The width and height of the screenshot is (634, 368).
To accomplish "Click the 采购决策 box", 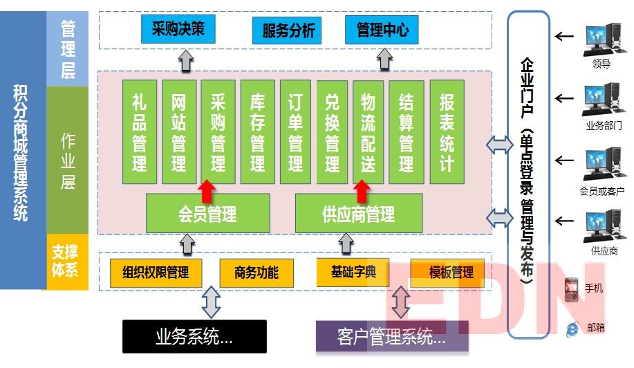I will click(178, 30).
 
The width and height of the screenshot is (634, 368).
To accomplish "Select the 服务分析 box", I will click(288, 30).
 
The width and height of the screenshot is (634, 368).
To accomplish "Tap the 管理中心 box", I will click(382, 30).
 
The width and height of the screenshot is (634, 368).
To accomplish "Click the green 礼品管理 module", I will click(140, 132).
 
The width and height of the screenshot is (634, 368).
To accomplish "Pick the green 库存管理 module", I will click(258, 132).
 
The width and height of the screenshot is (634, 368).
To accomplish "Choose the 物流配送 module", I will click(368, 132).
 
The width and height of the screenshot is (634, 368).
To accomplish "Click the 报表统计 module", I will click(447, 132).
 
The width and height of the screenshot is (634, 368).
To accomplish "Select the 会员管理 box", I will click(207, 213).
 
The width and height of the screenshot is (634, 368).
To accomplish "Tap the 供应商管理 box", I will click(358, 213).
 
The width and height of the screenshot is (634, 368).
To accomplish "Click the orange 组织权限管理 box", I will click(156, 272).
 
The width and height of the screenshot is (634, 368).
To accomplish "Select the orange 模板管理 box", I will click(451, 272).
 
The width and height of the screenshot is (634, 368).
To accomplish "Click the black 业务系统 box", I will click(194, 337).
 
